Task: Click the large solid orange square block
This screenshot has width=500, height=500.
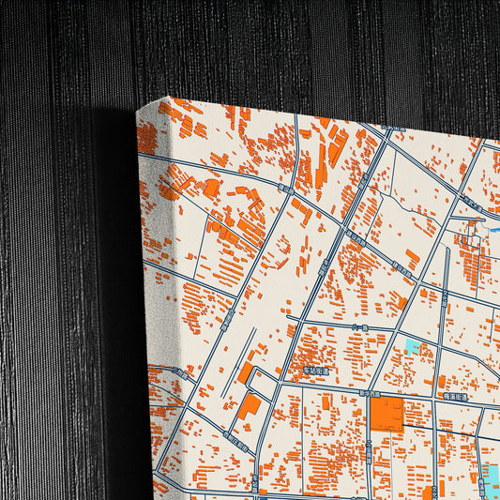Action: (x=388, y=414)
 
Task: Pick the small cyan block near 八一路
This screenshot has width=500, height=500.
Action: (x=412, y=346)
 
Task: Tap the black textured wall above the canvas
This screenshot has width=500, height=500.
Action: (x=281, y=47)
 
